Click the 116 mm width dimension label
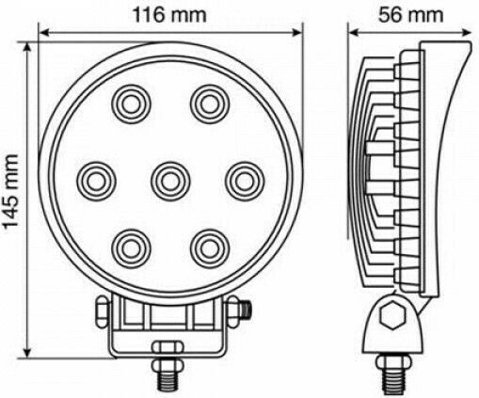pos(169,14)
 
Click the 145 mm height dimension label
pos(10,191)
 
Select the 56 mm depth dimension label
pos(411,15)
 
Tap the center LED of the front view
pos(170,182)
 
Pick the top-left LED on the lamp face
pos(132,103)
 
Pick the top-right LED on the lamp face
pos(210,103)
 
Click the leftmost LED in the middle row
pos(96,182)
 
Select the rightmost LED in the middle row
pos(245,182)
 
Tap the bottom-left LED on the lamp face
pos(132,248)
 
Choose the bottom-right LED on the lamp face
pos(210,248)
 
